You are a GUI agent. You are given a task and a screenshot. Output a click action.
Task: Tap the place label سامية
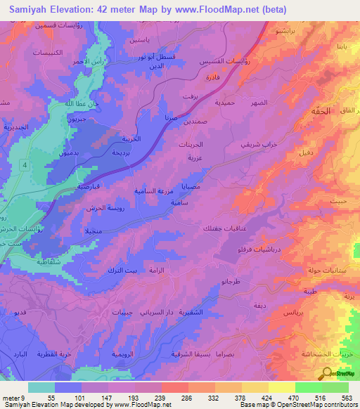pyautogui.click(x=179, y=202)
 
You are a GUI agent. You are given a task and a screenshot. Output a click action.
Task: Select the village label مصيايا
pyautogui.click(x=192, y=188)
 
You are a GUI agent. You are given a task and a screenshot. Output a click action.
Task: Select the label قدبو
pyautogui.click(x=20, y=311)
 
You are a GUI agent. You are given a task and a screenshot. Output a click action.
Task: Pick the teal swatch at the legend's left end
pyautogui.click(x=41, y=387)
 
